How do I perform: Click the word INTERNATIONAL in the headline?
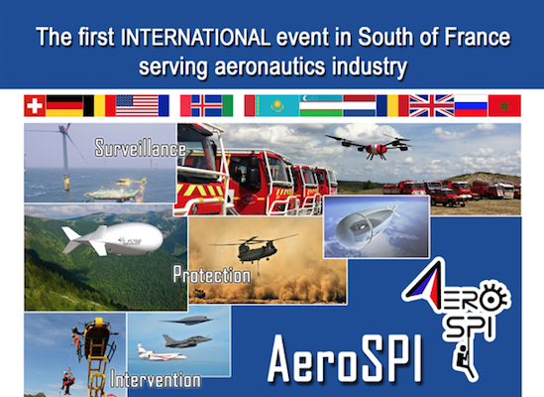(195, 37)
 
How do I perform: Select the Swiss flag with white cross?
(35, 105)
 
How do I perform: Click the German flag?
(64, 105)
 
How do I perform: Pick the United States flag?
(138, 105)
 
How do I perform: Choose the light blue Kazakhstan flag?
(277, 105)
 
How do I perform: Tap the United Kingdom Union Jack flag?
(432, 105)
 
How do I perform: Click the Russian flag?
(471, 105)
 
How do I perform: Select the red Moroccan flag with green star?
(504, 105)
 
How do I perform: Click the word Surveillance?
(141, 148)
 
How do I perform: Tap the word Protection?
(212, 275)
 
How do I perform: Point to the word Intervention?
(156, 379)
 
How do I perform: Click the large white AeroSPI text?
(346, 358)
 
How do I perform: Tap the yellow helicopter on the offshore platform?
(132, 182)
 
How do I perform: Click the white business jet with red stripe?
(162, 353)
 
